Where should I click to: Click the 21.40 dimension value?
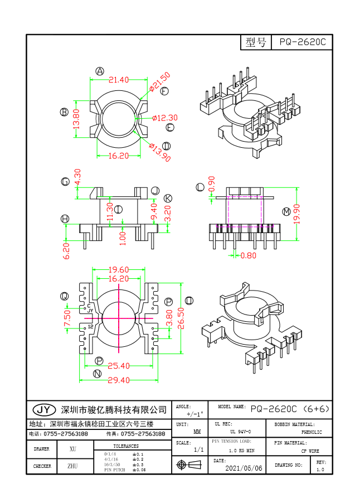[119, 80]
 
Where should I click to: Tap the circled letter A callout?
[100, 71]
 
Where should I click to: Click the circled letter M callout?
[286, 212]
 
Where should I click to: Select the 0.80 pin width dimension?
[249, 256]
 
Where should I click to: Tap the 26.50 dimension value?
[181, 317]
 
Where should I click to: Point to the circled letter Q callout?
[65, 296]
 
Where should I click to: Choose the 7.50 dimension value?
[67, 318]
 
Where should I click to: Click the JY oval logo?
[44, 410]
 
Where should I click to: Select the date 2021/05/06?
[244, 468]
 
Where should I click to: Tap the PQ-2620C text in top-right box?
[302, 42]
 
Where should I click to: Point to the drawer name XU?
[73, 449]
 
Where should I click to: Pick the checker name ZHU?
[73, 466]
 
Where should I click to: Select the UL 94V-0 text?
[240, 432]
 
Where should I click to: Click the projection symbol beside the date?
[188, 465]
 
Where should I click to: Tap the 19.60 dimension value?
[119, 269]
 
